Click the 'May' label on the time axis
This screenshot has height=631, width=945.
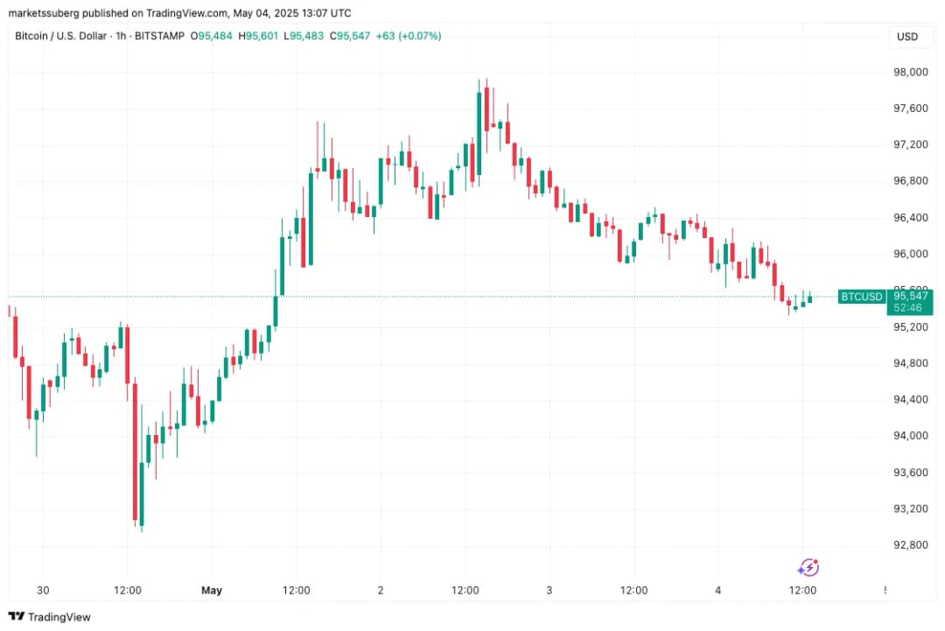pos(212,591)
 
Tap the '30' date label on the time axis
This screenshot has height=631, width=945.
pos(43,591)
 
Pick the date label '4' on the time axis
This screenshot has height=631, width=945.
pos(717,591)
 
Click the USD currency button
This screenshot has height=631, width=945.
pos(907,37)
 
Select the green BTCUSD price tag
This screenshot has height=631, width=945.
pos(861,297)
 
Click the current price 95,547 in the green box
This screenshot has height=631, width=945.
pos(909,297)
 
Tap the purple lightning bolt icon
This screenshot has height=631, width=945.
pos(809,567)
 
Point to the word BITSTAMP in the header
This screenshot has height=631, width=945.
pos(160,36)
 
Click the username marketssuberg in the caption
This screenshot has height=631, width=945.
pos(45,13)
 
